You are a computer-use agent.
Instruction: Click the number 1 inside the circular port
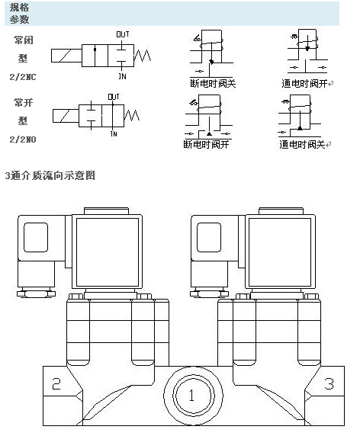191,395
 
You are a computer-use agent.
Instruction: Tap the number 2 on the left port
56,383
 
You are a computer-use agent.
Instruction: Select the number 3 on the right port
329,383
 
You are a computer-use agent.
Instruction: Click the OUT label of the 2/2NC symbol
122,34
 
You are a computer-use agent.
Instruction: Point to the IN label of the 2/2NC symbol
122,76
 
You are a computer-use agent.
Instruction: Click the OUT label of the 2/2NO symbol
114,97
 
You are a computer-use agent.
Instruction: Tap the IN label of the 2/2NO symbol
114,133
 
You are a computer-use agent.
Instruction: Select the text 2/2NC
23,77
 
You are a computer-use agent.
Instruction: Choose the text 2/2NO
23,139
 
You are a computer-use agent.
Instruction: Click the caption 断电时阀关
213,83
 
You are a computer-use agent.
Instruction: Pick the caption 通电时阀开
304,83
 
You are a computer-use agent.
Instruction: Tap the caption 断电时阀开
206,144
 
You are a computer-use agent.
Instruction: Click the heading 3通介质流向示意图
50,175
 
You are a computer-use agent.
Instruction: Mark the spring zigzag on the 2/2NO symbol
132,115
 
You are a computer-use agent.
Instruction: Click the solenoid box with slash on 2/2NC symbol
66,56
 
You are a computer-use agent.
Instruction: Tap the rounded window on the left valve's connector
36,238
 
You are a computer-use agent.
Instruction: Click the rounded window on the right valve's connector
209,238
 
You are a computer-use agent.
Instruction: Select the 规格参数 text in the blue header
20,14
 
